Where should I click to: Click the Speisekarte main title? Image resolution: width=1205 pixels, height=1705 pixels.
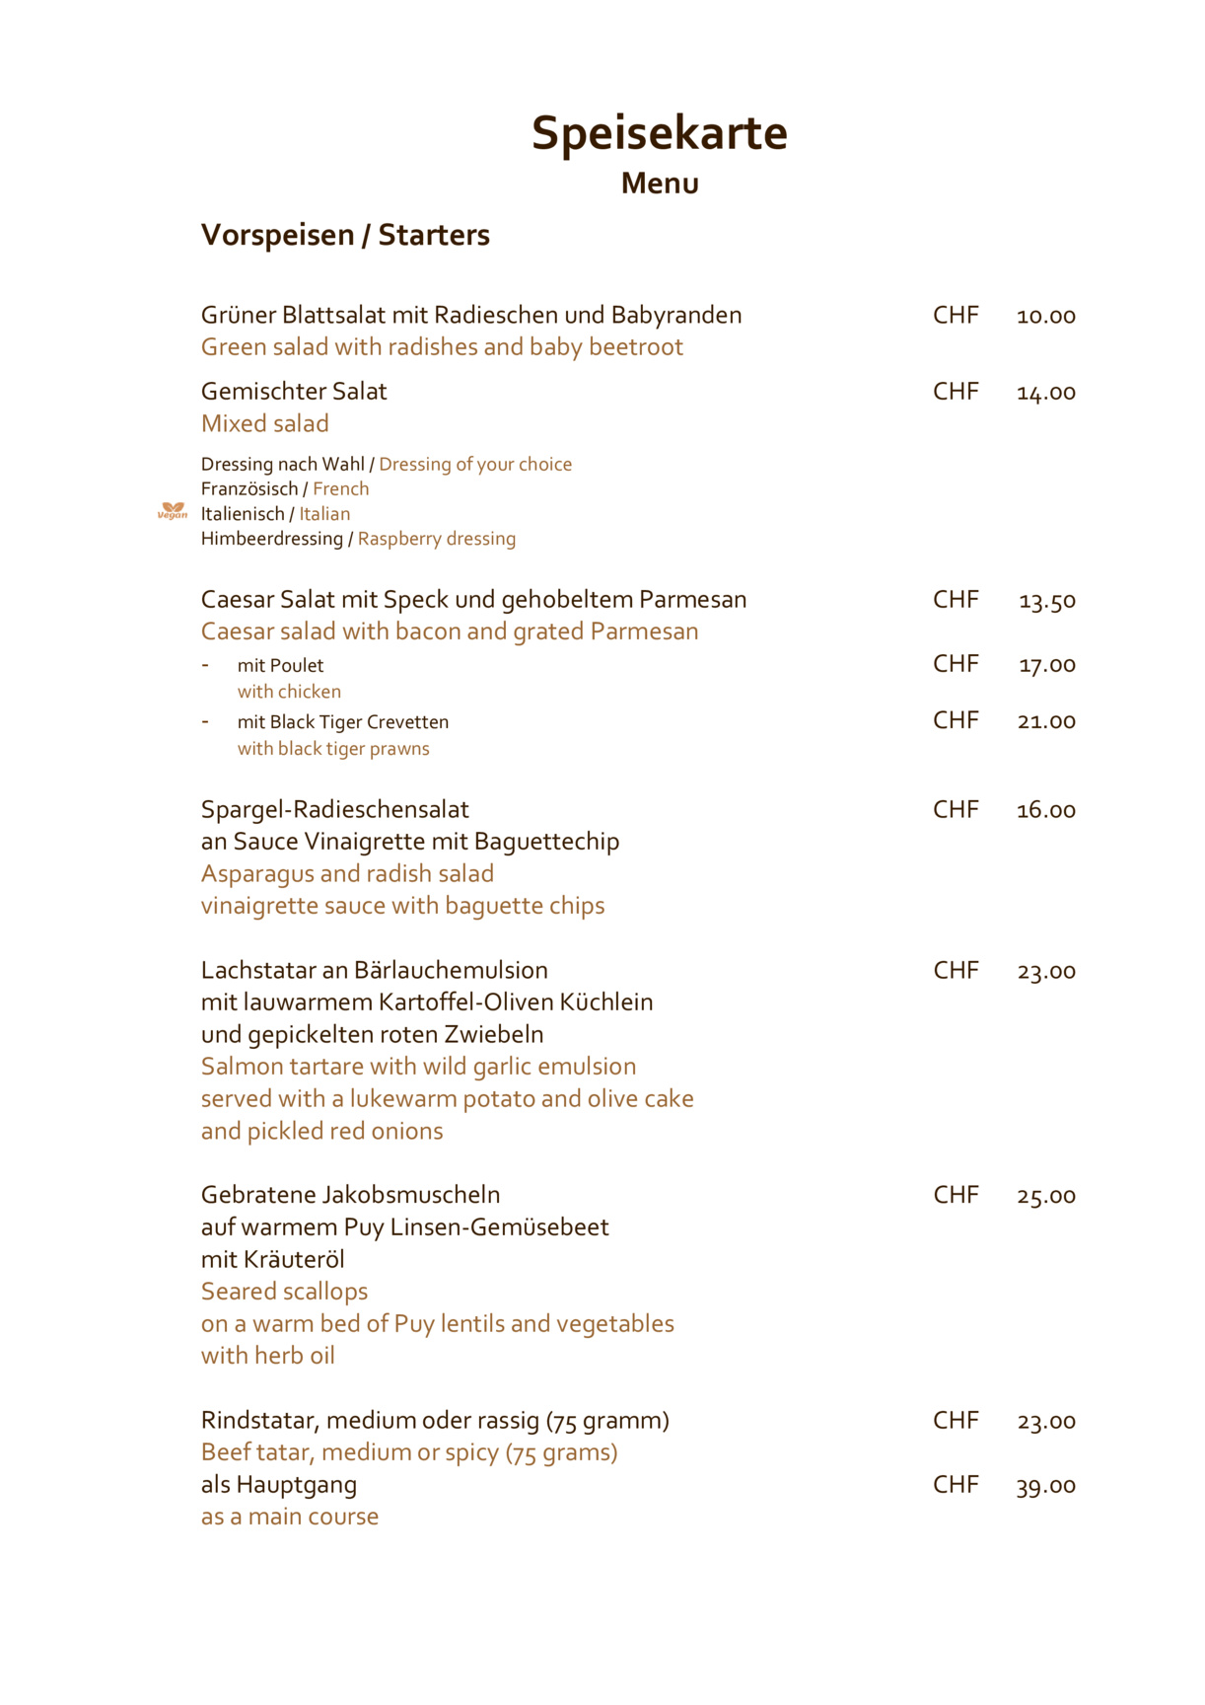tap(659, 133)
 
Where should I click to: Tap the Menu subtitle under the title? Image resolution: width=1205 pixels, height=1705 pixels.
tap(660, 184)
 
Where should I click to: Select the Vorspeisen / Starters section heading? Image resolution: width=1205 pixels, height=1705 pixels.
tap(345, 235)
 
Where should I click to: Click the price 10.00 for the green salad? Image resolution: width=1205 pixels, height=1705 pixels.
tap(1045, 316)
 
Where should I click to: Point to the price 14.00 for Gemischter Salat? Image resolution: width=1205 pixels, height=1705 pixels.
tap(1045, 393)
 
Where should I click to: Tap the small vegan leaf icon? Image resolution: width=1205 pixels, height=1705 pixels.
tap(173, 511)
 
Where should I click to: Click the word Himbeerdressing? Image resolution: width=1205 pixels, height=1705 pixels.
tap(271, 539)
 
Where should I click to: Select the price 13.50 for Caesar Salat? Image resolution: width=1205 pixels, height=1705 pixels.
tap(1046, 601)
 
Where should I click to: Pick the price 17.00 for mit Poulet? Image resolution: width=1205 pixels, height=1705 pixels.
tap(1046, 665)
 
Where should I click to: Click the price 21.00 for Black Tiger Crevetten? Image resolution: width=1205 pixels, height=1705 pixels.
tap(1046, 721)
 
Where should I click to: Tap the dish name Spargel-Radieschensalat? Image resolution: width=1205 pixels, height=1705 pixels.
tap(334, 809)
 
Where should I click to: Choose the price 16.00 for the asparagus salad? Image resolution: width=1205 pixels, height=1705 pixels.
tap(1045, 810)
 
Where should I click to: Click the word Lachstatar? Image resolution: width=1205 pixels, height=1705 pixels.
tap(258, 970)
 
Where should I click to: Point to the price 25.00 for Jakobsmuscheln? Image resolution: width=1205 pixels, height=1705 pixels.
tap(1046, 1196)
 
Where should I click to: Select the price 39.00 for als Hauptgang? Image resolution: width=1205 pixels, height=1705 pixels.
tap(1045, 1486)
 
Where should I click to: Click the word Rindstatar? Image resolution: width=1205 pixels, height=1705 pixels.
tap(258, 1420)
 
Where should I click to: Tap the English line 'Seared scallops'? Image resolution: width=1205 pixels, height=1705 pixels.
tap(284, 1292)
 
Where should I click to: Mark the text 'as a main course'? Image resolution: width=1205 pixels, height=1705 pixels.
tap(289, 1517)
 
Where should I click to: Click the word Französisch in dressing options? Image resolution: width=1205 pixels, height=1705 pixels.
tap(248, 488)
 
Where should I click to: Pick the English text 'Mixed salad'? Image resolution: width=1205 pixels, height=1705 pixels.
tap(264, 423)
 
